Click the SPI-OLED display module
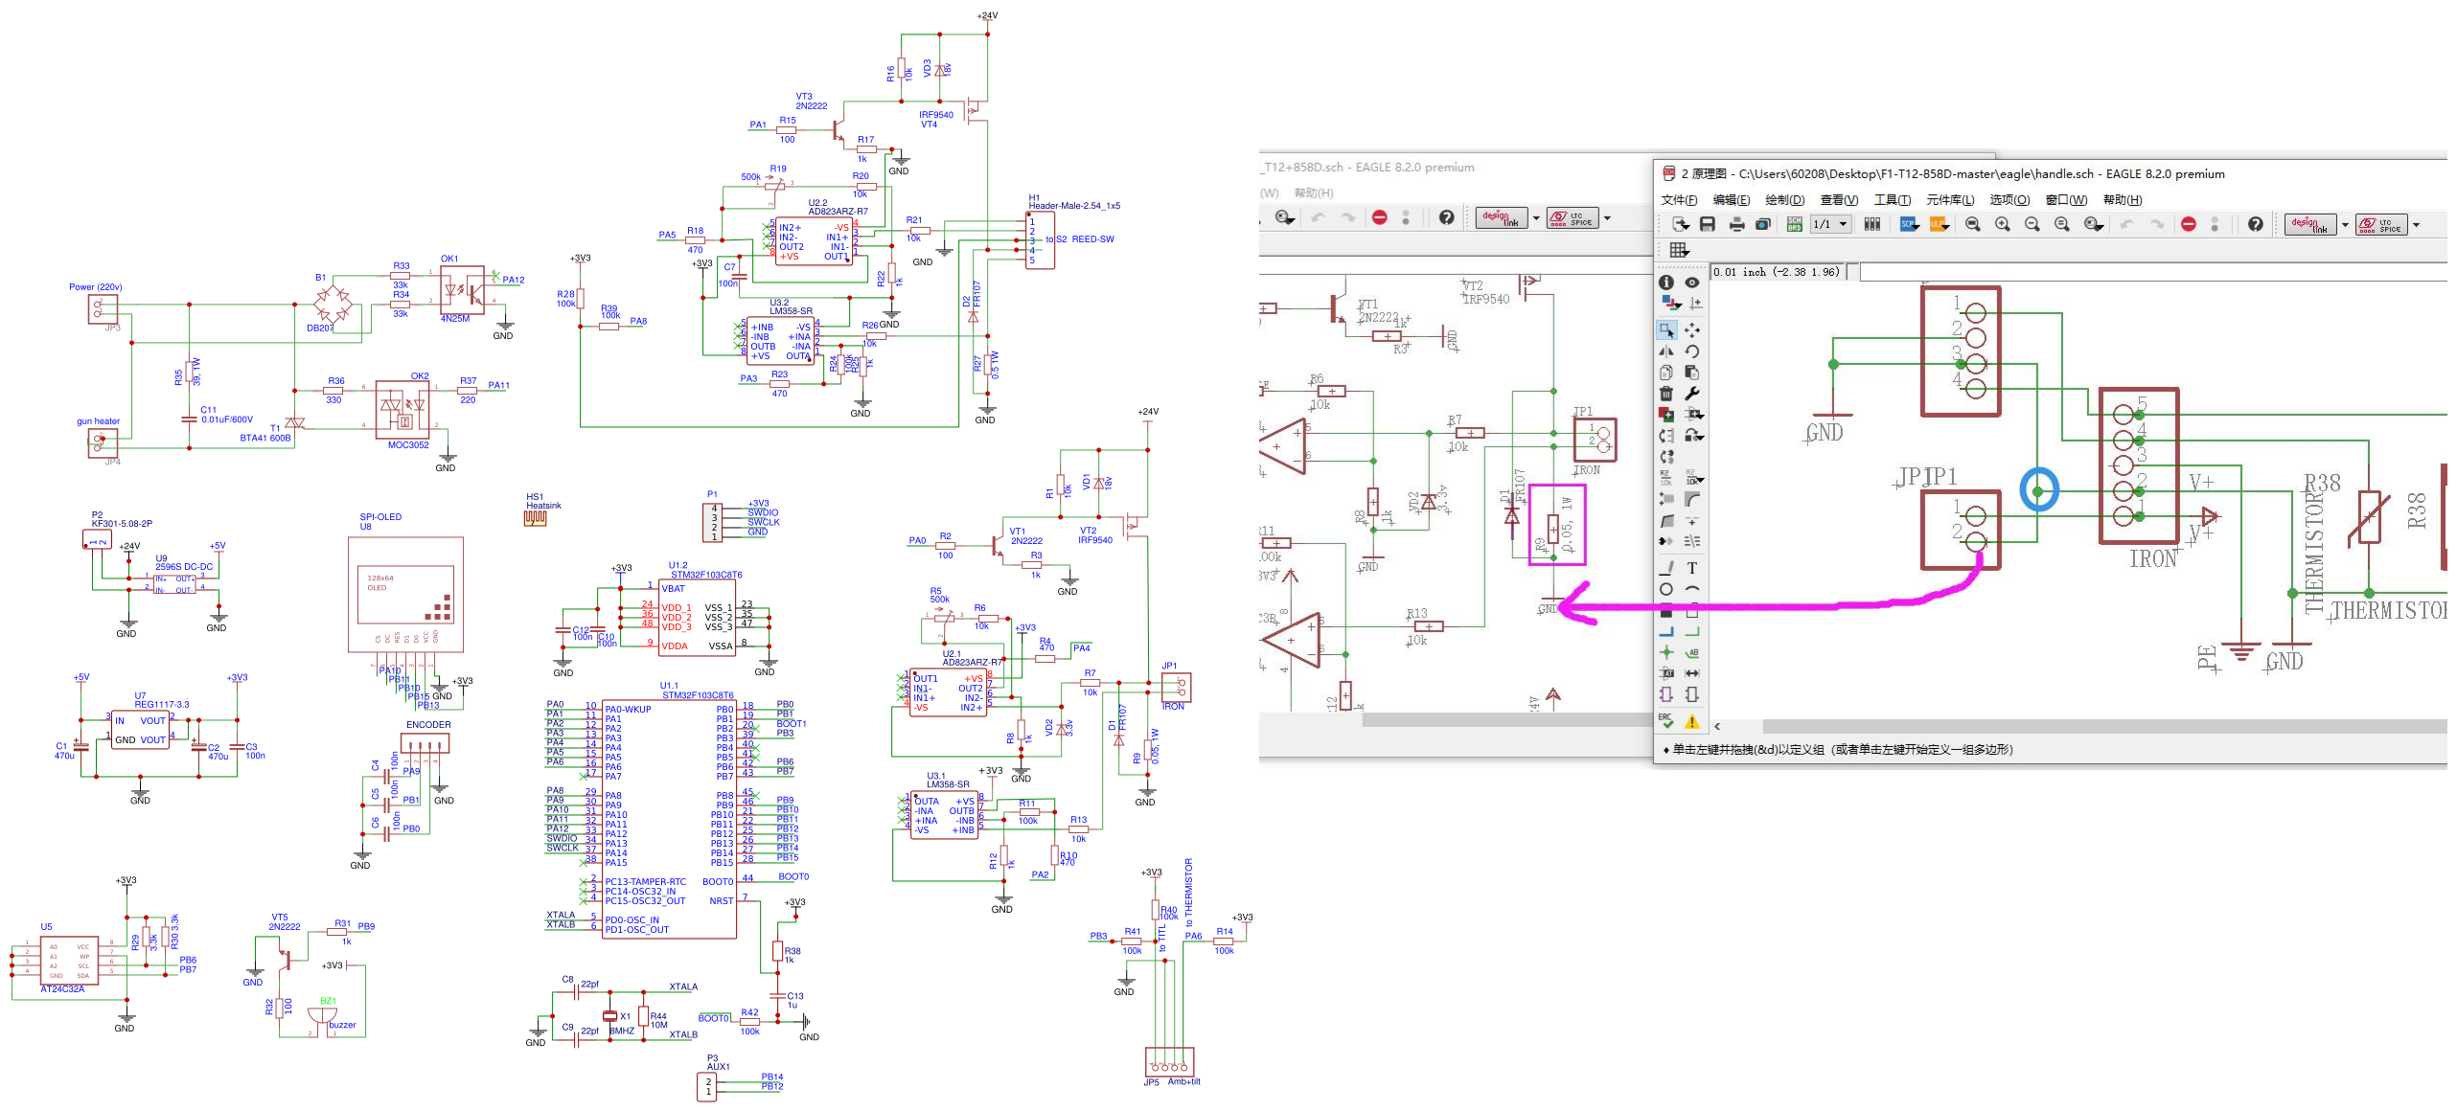405,593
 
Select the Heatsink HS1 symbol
535,517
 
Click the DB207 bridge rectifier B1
332,305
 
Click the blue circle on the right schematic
2038,489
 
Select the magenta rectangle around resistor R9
1556,524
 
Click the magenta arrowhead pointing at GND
1572,606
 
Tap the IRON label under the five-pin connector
2152,559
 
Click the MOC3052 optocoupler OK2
402,410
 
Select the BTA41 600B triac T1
295,422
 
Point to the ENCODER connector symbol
425,742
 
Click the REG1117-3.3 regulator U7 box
140,730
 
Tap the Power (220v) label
95,286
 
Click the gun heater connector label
98,420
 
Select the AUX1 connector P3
707,1086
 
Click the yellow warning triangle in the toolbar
1692,721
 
